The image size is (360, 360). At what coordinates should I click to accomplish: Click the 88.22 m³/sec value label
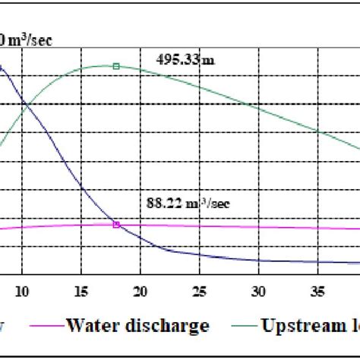[x=185, y=204]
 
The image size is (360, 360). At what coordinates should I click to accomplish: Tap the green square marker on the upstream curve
[x=116, y=66]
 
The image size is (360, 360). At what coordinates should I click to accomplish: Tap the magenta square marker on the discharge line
[x=116, y=224]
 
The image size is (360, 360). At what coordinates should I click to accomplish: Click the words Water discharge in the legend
[x=137, y=327]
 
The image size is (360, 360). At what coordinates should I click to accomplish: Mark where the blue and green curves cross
[x=24, y=103]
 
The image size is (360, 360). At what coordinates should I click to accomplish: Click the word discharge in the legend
[x=166, y=327]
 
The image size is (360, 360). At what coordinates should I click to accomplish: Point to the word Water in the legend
[x=93, y=327]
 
